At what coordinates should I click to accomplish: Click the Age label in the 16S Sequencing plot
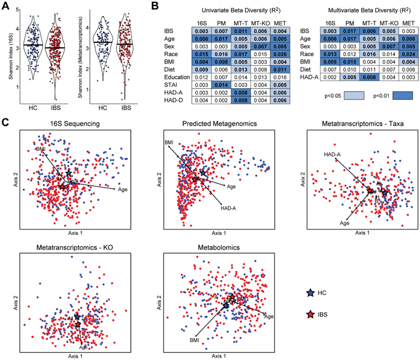tap(122, 189)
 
